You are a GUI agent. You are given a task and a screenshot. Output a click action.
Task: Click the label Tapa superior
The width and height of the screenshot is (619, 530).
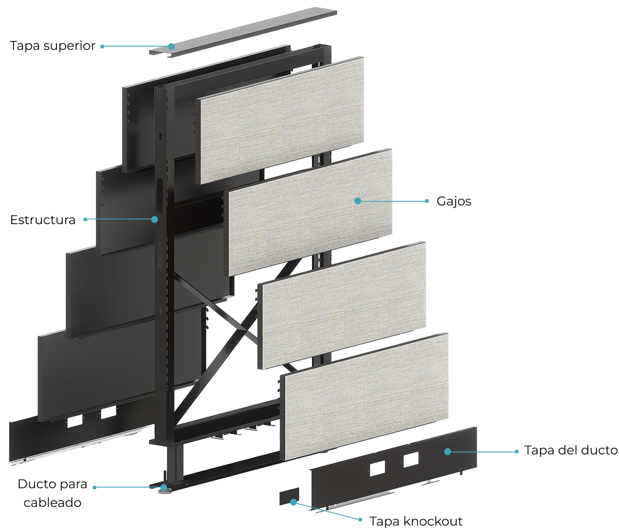(x=52, y=46)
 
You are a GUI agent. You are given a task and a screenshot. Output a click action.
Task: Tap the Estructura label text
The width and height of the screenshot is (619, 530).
(x=43, y=220)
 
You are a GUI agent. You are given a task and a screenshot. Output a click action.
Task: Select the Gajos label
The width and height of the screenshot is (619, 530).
(x=453, y=201)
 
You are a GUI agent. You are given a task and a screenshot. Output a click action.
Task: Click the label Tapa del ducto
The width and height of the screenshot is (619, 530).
(x=571, y=450)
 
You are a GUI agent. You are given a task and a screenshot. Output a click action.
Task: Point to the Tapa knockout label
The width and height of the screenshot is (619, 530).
(x=415, y=521)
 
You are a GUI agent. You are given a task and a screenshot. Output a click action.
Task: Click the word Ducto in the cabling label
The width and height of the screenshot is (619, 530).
(x=36, y=484)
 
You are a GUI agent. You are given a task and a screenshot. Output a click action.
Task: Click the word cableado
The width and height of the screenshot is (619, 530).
(x=52, y=502)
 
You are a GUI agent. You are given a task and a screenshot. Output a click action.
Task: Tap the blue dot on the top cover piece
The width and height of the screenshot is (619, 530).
(x=171, y=46)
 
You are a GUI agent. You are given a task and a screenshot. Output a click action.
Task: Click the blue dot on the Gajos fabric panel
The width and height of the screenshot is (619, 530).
(x=358, y=201)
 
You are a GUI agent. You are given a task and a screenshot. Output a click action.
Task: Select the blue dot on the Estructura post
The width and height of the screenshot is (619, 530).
(x=155, y=219)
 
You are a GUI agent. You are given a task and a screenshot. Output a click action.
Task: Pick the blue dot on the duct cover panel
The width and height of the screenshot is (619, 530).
(x=447, y=452)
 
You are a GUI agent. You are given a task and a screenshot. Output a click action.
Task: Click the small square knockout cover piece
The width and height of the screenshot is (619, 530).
(x=289, y=496)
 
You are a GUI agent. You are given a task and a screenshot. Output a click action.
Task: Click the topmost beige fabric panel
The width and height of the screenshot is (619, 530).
(x=280, y=120)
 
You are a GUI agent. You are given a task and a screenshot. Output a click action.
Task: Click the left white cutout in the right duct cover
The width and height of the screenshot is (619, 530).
(x=377, y=468)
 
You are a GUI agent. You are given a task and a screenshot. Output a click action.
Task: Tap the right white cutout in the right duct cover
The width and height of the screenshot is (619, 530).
(x=411, y=460)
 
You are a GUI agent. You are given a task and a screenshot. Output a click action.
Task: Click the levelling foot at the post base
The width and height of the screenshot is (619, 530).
(x=163, y=489)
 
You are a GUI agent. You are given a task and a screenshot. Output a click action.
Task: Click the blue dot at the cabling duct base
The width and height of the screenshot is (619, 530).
(x=163, y=487)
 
